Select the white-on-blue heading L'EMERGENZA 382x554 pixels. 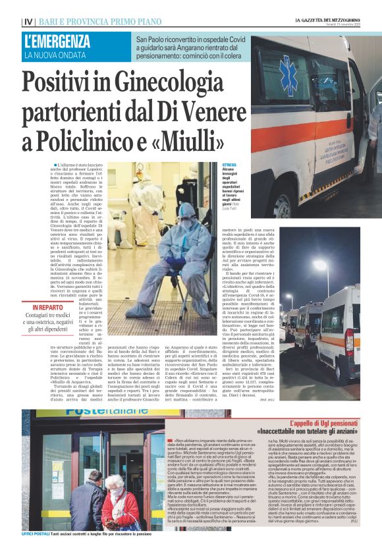point(57,42)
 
